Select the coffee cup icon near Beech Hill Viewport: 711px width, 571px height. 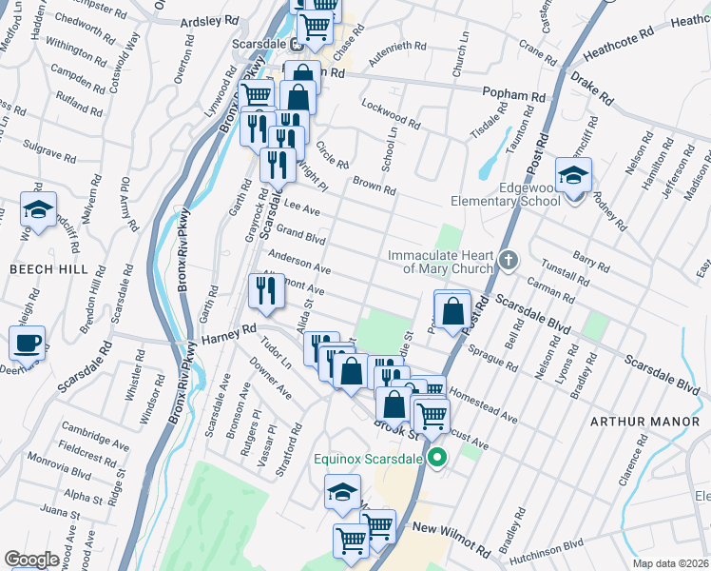point(28,343)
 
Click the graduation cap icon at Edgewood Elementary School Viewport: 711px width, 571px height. point(574,177)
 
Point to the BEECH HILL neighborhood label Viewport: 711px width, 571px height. point(42,270)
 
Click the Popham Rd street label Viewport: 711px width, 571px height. point(514,96)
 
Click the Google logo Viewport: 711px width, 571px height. point(31,559)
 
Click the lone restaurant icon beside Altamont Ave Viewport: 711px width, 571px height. point(265,291)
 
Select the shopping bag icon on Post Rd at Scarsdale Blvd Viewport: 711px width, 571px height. point(453,309)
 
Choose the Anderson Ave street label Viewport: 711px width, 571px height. point(299,263)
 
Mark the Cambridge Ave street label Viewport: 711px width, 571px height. point(94,435)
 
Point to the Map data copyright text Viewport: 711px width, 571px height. point(671,562)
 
